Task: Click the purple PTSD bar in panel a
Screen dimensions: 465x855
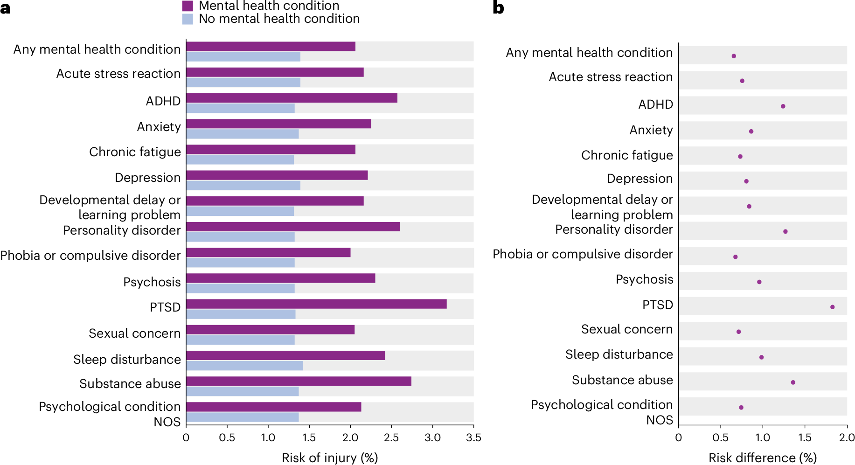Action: click(x=316, y=304)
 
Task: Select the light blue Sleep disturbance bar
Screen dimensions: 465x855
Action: click(x=244, y=366)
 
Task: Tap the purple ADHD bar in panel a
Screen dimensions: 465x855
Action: click(x=292, y=98)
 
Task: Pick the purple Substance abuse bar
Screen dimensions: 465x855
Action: click(x=299, y=381)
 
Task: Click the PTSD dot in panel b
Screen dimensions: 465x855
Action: click(x=832, y=307)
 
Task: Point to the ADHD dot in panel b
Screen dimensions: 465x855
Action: click(x=783, y=106)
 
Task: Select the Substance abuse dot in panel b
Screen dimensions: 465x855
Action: click(x=793, y=382)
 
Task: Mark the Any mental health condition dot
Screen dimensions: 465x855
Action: click(x=734, y=56)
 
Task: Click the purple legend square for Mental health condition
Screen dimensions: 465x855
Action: click(x=188, y=6)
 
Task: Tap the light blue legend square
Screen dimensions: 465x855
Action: click(x=188, y=19)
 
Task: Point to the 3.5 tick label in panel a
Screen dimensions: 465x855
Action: click(x=473, y=437)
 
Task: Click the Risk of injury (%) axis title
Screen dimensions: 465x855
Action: click(x=330, y=458)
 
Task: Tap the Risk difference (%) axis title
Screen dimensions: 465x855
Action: click(x=763, y=458)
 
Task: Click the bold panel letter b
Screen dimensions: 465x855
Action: click(x=498, y=8)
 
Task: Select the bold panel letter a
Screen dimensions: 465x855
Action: click(x=5, y=8)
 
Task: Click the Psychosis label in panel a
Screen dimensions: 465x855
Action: click(x=152, y=282)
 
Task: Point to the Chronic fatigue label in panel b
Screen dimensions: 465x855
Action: click(x=627, y=155)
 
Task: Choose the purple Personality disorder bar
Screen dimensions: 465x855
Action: click(x=293, y=227)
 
